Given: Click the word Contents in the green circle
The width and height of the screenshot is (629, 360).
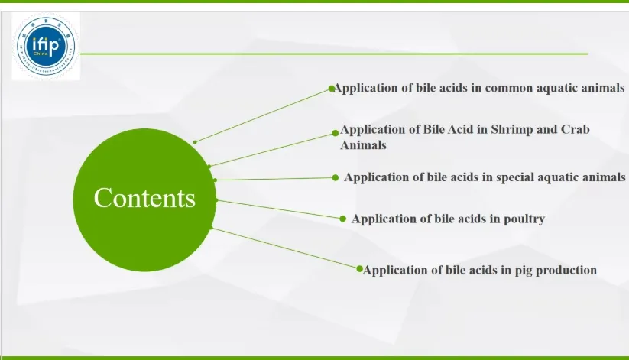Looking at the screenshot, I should pos(144,198).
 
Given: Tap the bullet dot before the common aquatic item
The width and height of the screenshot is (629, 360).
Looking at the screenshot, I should pos(332,89).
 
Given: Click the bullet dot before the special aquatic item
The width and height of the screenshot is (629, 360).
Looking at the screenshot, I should pos(336,177).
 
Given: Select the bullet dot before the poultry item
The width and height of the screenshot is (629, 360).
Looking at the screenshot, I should pos(343,218).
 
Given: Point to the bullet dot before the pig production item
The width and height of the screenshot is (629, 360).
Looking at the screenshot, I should pos(359,268).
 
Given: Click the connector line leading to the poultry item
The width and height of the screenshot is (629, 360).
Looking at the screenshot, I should pos(280,209).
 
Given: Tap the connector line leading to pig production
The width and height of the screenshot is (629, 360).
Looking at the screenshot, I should pos(284,248).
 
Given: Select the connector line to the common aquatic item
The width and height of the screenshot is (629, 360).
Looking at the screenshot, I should pos(264,115).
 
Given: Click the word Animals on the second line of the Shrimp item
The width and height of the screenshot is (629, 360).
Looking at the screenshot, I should pos(363,144).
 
